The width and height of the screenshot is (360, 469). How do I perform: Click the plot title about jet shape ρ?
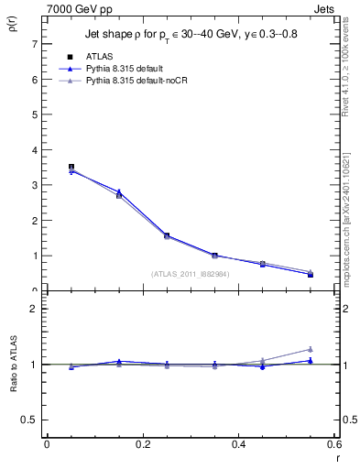[x=191, y=34]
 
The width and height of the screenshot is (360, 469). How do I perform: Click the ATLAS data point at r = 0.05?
[x=71, y=167]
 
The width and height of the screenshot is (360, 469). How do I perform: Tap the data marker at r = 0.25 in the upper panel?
[x=167, y=235]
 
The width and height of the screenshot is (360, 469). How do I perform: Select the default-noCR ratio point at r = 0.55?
[x=311, y=349]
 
